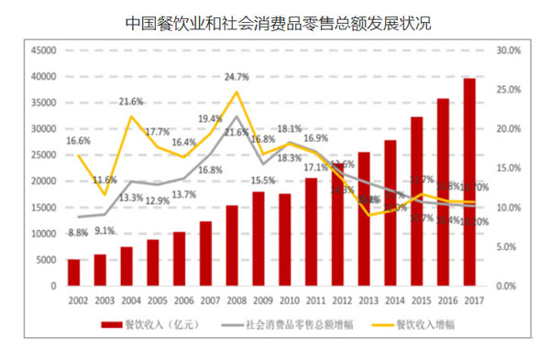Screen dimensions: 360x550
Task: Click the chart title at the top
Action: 275,22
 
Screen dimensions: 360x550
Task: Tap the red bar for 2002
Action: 74,272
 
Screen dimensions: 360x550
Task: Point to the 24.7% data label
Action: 236,77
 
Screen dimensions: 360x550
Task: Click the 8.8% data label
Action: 78,232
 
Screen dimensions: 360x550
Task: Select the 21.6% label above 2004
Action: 131,102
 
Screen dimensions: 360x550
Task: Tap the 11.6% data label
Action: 104,180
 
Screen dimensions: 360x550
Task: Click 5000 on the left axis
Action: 48,260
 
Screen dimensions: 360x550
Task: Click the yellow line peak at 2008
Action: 236,92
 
